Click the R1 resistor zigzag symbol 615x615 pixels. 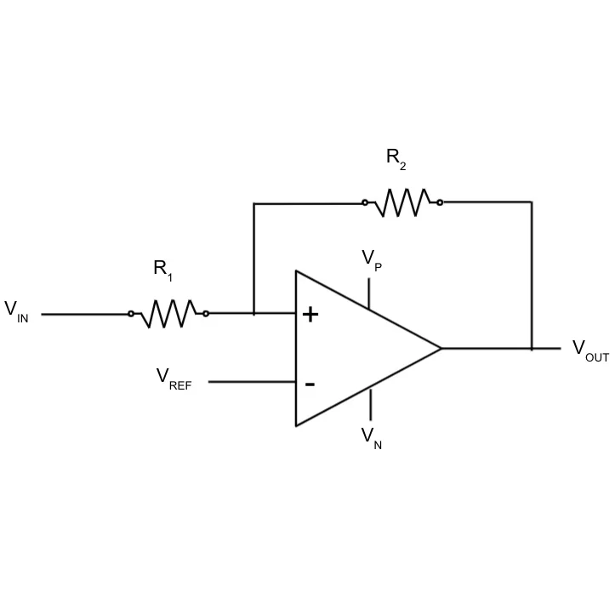coord(168,313)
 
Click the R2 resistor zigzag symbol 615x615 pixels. coord(402,202)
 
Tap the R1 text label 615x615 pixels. coord(163,270)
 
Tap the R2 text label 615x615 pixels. coord(396,158)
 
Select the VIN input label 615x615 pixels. coord(16,310)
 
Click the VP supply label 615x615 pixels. coord(372,259)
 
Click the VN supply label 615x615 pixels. coord(372,437)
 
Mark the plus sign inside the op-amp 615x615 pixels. coord(310,315)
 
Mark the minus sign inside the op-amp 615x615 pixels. coord(310,384)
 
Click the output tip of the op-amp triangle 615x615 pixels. coord(441,348)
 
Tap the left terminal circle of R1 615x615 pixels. coord(131,313)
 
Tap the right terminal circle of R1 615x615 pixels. coord(206,313)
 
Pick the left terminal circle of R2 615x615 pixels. coord(365,202)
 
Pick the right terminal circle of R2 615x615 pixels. coord(440,202)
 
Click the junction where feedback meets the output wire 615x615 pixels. coord(532,348)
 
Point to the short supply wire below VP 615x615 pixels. coord(369,292)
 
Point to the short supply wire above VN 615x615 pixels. coord(369,404)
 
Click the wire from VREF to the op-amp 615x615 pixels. coord(252,382)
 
